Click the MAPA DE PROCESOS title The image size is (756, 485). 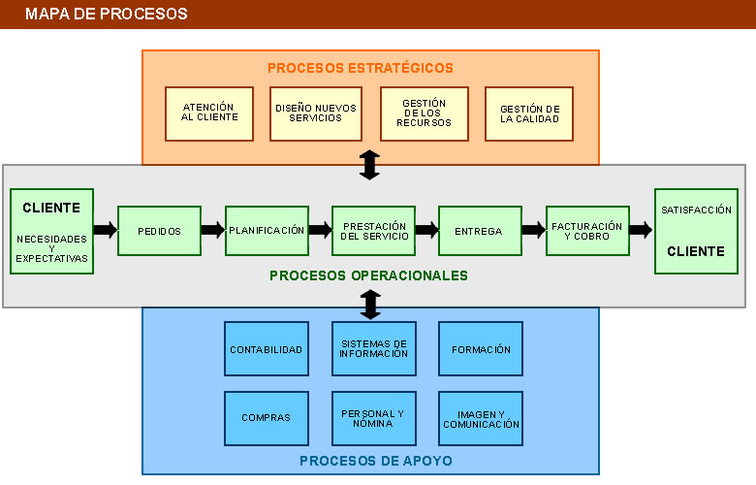click(x=107, y=15)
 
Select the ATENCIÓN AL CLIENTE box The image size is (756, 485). click(x=209, y=113)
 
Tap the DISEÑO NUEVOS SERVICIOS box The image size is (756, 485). click(x=316, y=113)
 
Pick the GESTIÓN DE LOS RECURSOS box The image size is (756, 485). click(x=425, y=113)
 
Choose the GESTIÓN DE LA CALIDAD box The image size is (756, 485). click(x=530, y=113)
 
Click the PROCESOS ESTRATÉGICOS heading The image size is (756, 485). click(x=361, y=68)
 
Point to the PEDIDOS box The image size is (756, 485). click(x=159, y=231)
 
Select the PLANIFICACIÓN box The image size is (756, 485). click(x=267, y=231)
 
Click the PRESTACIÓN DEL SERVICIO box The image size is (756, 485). click(x=373, y=231)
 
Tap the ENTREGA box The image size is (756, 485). click(x=479, y=231)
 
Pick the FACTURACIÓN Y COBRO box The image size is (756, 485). click(x=587, y=231)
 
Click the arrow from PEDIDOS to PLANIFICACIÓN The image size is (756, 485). click(x=213, y=231)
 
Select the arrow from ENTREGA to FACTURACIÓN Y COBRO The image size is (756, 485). click(x=533, y=231)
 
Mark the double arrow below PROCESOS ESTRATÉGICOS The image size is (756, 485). click(x=369, y=165)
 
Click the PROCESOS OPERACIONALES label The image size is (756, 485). click(x=368, y=275)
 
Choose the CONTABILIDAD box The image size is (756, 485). click(x=266, y=349)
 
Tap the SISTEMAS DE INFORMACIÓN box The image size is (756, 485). click(x=373, y=349)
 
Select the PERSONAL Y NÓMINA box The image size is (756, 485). click(x=373, y=418)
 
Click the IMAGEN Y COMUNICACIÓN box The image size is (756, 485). click(x=481, y=418)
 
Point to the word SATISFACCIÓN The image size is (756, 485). click(x=695, y=210)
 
